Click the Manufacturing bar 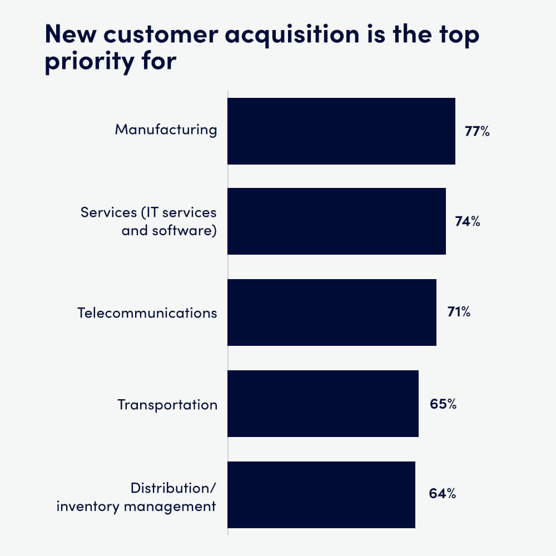pyautogui.click(x=341, y=131)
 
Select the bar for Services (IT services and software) pyautogui.click(x=336, y=221)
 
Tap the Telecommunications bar pyautogui.click(x=332, y=312)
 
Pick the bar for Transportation pyautogui.click(x=323, y=404)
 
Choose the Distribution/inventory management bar pyautogui.click(x=321, y=494)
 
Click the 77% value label pyautogui.click(x=477, y=132)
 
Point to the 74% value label pyautogui.click(x=467, y=222)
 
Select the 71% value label pyautogui.click(x=459, y=312)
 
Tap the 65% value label pyautogui.click(x=443, y=404)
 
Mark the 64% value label pyautogui.click(x=443, y=494)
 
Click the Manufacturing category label pyautogui.click(x=166, y=130)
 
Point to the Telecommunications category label pyautogui.click(x=147, y=312)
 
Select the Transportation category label pyautogui.click(x=167, y=404)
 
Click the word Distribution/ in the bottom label pyautogui.click(x=173, y=488)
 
